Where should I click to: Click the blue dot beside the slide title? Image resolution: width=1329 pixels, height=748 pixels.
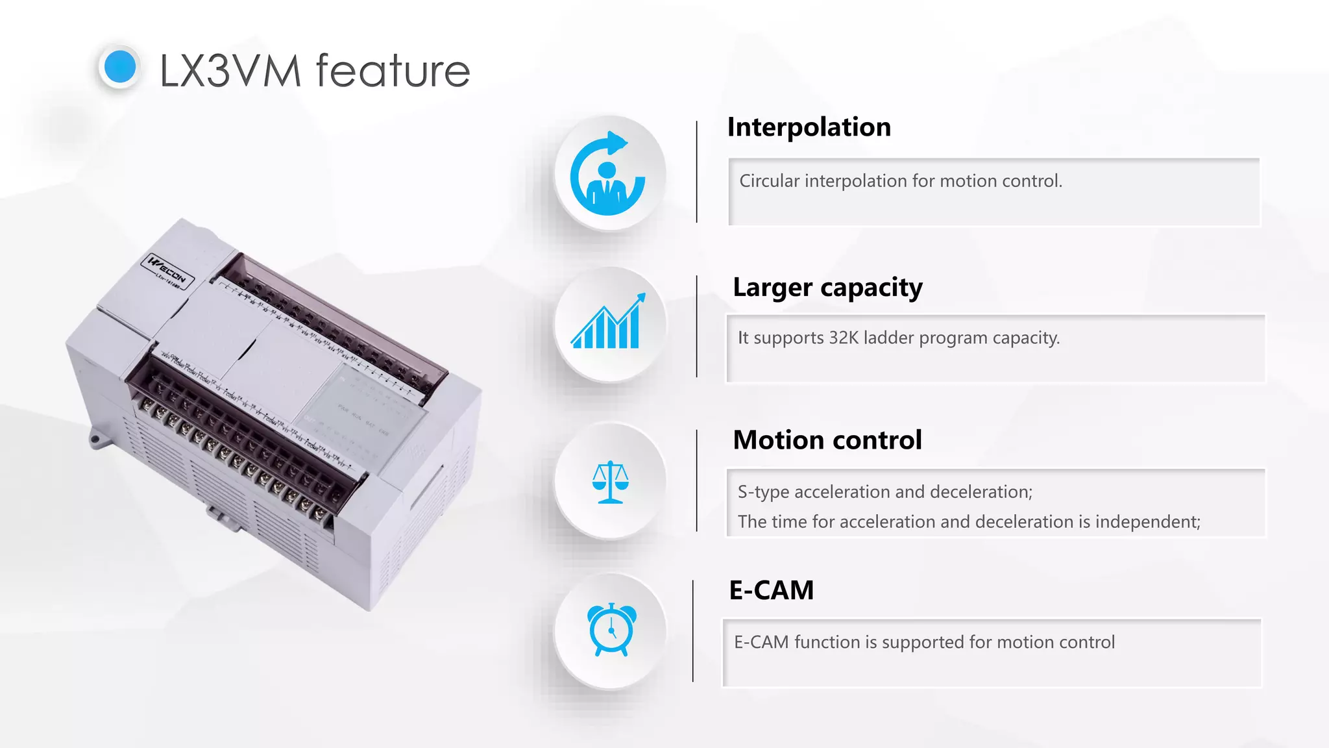pos(120,67)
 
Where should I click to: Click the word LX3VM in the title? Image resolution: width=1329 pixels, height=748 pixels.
pos(230,71)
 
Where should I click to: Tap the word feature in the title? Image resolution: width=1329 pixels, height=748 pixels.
pos(393,71)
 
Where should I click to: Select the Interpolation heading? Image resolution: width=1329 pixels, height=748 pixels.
pos(809,127)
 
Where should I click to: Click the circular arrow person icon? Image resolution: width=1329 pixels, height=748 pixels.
pos(608,174)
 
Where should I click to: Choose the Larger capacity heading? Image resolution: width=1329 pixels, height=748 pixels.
pos(827,288)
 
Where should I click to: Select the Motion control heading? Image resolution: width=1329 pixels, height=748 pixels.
pos(827,440)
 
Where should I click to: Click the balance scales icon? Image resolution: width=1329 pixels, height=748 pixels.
pos(610,482)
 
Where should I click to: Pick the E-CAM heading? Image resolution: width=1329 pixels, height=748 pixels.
pos(771,590)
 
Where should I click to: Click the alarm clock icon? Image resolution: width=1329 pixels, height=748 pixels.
pos(611,629)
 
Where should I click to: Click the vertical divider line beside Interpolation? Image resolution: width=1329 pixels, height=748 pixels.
pos(697,172)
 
